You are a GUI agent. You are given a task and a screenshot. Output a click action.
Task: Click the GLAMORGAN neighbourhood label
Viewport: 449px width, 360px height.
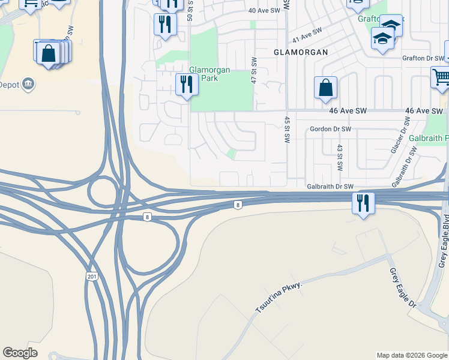point(301,52)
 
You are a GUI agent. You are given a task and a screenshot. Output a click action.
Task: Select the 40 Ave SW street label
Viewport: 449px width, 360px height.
point(265,11)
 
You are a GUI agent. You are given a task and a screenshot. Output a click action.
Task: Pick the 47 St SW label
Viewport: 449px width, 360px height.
point(255,70)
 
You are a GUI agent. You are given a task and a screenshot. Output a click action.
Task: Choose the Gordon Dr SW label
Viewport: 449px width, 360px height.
point(330,129)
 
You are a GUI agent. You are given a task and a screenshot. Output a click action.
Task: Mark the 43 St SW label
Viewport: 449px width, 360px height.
point(339,156)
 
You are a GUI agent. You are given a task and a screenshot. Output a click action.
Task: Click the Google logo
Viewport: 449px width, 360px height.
point(20,353)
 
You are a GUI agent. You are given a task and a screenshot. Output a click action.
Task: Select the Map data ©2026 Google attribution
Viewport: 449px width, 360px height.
point(411,355)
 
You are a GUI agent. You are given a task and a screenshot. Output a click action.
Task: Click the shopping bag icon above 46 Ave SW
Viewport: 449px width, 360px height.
point(325,88)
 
